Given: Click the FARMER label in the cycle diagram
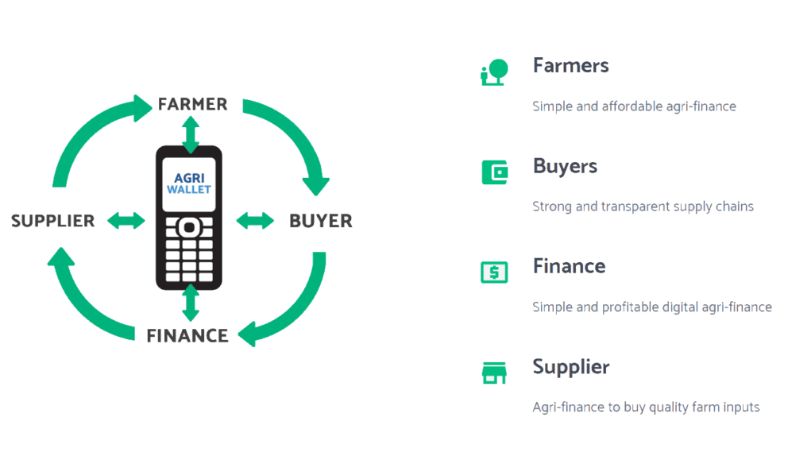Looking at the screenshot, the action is point(192,104).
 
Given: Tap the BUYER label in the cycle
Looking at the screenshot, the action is point(321,221).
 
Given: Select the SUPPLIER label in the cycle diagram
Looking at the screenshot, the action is point(52,221).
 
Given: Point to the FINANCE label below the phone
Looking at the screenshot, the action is point(187,335).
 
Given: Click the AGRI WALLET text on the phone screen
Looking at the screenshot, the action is point(189,184).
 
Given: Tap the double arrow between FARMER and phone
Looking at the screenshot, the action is point(191,135).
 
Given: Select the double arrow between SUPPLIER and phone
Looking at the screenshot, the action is point(126,220).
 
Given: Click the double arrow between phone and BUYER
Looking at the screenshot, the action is point(255,220).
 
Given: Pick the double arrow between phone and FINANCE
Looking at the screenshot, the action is point(191,303).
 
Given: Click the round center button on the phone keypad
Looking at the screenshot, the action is point(189,227).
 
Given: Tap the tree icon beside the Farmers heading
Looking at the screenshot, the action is point(495,72).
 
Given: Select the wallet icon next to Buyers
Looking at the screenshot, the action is point(495,172).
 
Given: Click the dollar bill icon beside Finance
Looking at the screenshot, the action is point(494,272).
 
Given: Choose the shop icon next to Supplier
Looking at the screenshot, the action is point(494,373).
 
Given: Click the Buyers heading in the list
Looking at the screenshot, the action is point(566,166).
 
